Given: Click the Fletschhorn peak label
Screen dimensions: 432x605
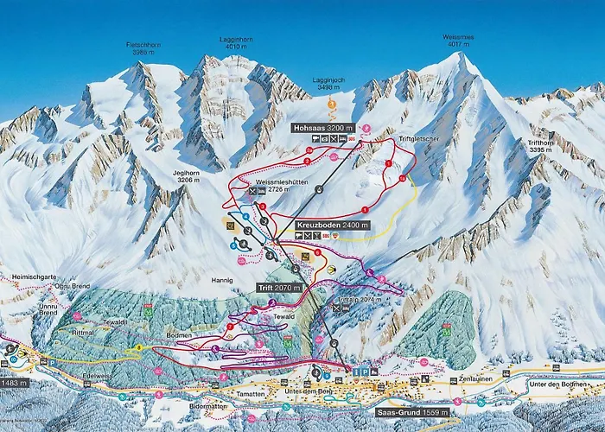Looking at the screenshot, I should (x=143, y=47).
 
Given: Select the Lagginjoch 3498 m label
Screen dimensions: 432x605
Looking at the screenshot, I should (x=328, y=83).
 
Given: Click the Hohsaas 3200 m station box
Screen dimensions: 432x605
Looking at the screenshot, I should (x=322, y=127).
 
